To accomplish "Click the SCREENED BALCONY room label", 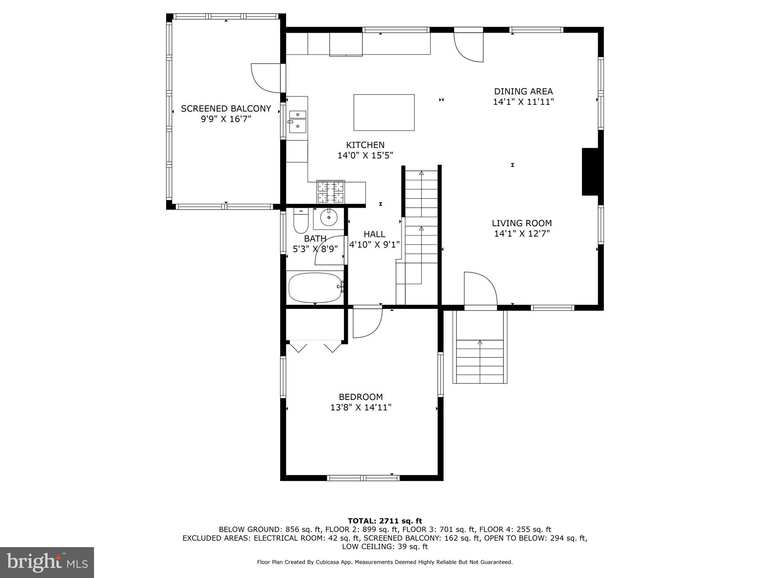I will [226, 109].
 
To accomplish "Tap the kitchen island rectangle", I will [384, 113].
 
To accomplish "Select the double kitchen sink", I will [297, 122].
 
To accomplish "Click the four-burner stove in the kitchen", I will [330, 192].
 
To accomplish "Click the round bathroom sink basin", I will [329, 218].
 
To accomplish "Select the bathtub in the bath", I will [315, 287].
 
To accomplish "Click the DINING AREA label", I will [523, 91].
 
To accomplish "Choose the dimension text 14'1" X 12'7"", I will [522, 234].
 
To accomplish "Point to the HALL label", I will [374, 234].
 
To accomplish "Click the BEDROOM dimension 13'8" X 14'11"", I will [361, 407].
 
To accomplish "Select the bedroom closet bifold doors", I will [315, 347].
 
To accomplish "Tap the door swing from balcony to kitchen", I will [265, 78].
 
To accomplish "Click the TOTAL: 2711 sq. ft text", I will [385, 521].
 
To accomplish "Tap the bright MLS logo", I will [47, 562].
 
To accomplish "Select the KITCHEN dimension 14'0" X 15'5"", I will [365, 155].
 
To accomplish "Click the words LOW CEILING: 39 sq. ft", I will [385, 546].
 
